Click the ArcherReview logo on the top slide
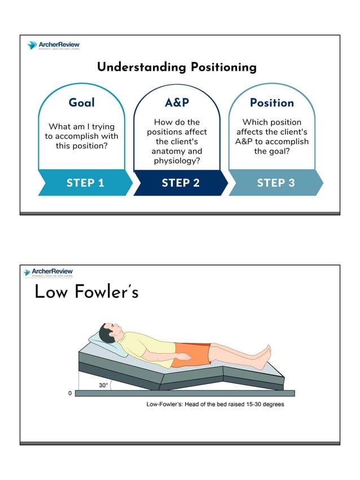click(x=53, y=46)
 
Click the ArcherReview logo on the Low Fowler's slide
click(x=49, y=272)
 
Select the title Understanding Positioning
click(x=177, y=67)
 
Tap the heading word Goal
click(x=82, y=103)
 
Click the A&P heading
click(x=177, y=103)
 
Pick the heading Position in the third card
click(x=272, y=103)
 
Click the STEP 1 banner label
click(x=85, y=183)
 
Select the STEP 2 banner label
click(x=181, y=183)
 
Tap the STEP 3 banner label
click(x=276, y=183)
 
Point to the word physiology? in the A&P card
click(x=177, y=161)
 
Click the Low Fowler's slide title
click(x=86, y=292)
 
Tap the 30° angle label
click(x=103, y=385)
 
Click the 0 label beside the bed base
click(x=70, y=393)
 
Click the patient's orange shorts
click(x=190, y=354)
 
